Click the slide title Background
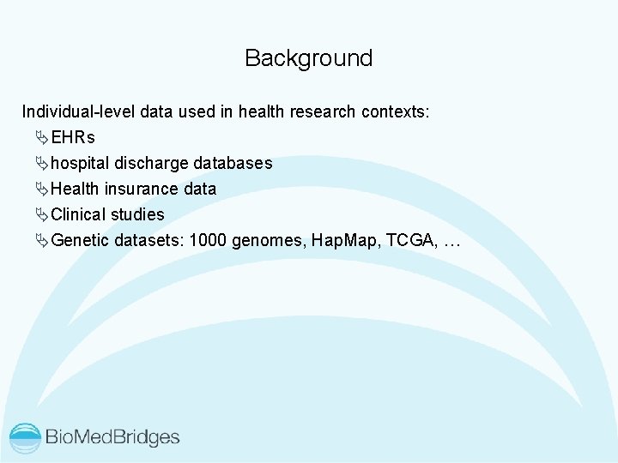pos(308,58)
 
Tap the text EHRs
pos(73,137)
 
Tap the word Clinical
pos(78,214)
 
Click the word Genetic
pos(81,240)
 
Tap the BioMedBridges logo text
pos(112,437)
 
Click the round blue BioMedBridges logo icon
pos(26,437)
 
